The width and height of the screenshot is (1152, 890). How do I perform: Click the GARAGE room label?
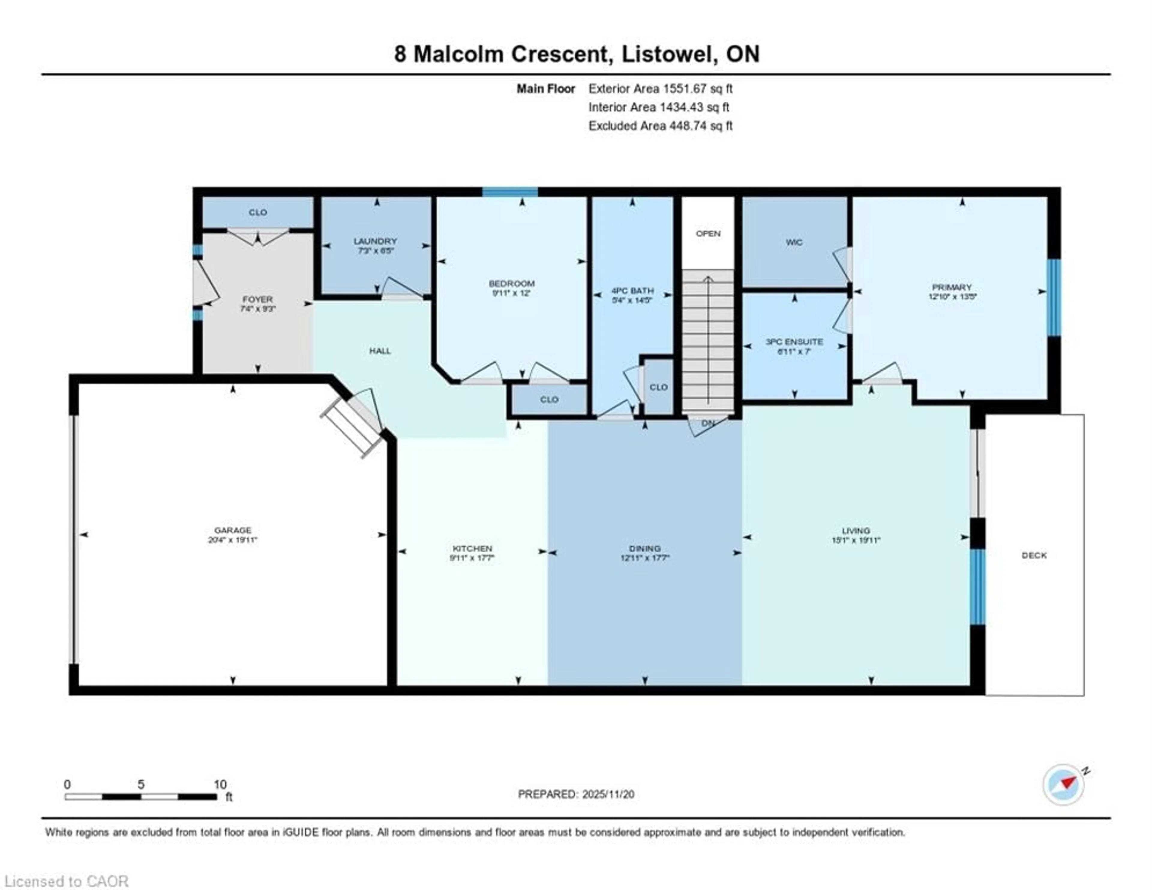(x=232, y=530)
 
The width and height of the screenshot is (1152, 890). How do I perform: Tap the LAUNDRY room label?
(x=375, y=241)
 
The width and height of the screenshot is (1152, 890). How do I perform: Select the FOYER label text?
(x=257, y=299)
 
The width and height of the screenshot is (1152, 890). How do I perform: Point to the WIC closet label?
(x=794, y=242)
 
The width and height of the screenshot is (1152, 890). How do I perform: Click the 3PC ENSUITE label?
(x=794, y=342)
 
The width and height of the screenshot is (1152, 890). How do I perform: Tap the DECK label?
(x=1034, y=556)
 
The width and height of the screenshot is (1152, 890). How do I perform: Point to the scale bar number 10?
(x=220, y=784)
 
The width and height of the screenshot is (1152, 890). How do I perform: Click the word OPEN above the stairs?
(x=708, y=233)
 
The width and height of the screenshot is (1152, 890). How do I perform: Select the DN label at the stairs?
(x=708, y=423)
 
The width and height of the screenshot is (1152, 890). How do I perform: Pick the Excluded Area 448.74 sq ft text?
(x=660, y=126)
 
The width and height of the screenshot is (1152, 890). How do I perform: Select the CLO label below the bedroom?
(x=549, y=399)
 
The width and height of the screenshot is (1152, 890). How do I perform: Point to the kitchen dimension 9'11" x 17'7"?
(x=472, y=558)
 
